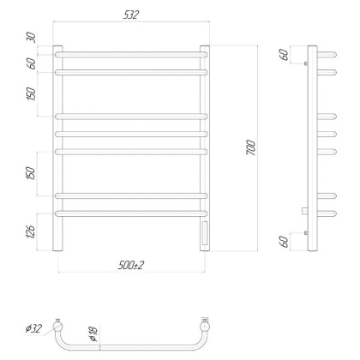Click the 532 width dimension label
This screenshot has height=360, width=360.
pyautogui.click(x=130, y=15)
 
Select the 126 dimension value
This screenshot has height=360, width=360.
pyautogui.click(x=31, y=231)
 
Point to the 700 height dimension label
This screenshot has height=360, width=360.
pyautogui.click(x=251, y=147)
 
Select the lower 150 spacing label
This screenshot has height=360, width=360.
pyautogui.click(x=31, y=172)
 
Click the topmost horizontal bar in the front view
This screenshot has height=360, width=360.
pyautogui.click(x=131, y=54)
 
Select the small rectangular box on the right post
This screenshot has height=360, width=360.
pyautogui.click(x=205, y=231)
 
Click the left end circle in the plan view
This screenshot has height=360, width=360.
pyautogui.click(x=57, y=327)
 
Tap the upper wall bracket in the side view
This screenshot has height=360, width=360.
pyautogui.click(x=306, y=63)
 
